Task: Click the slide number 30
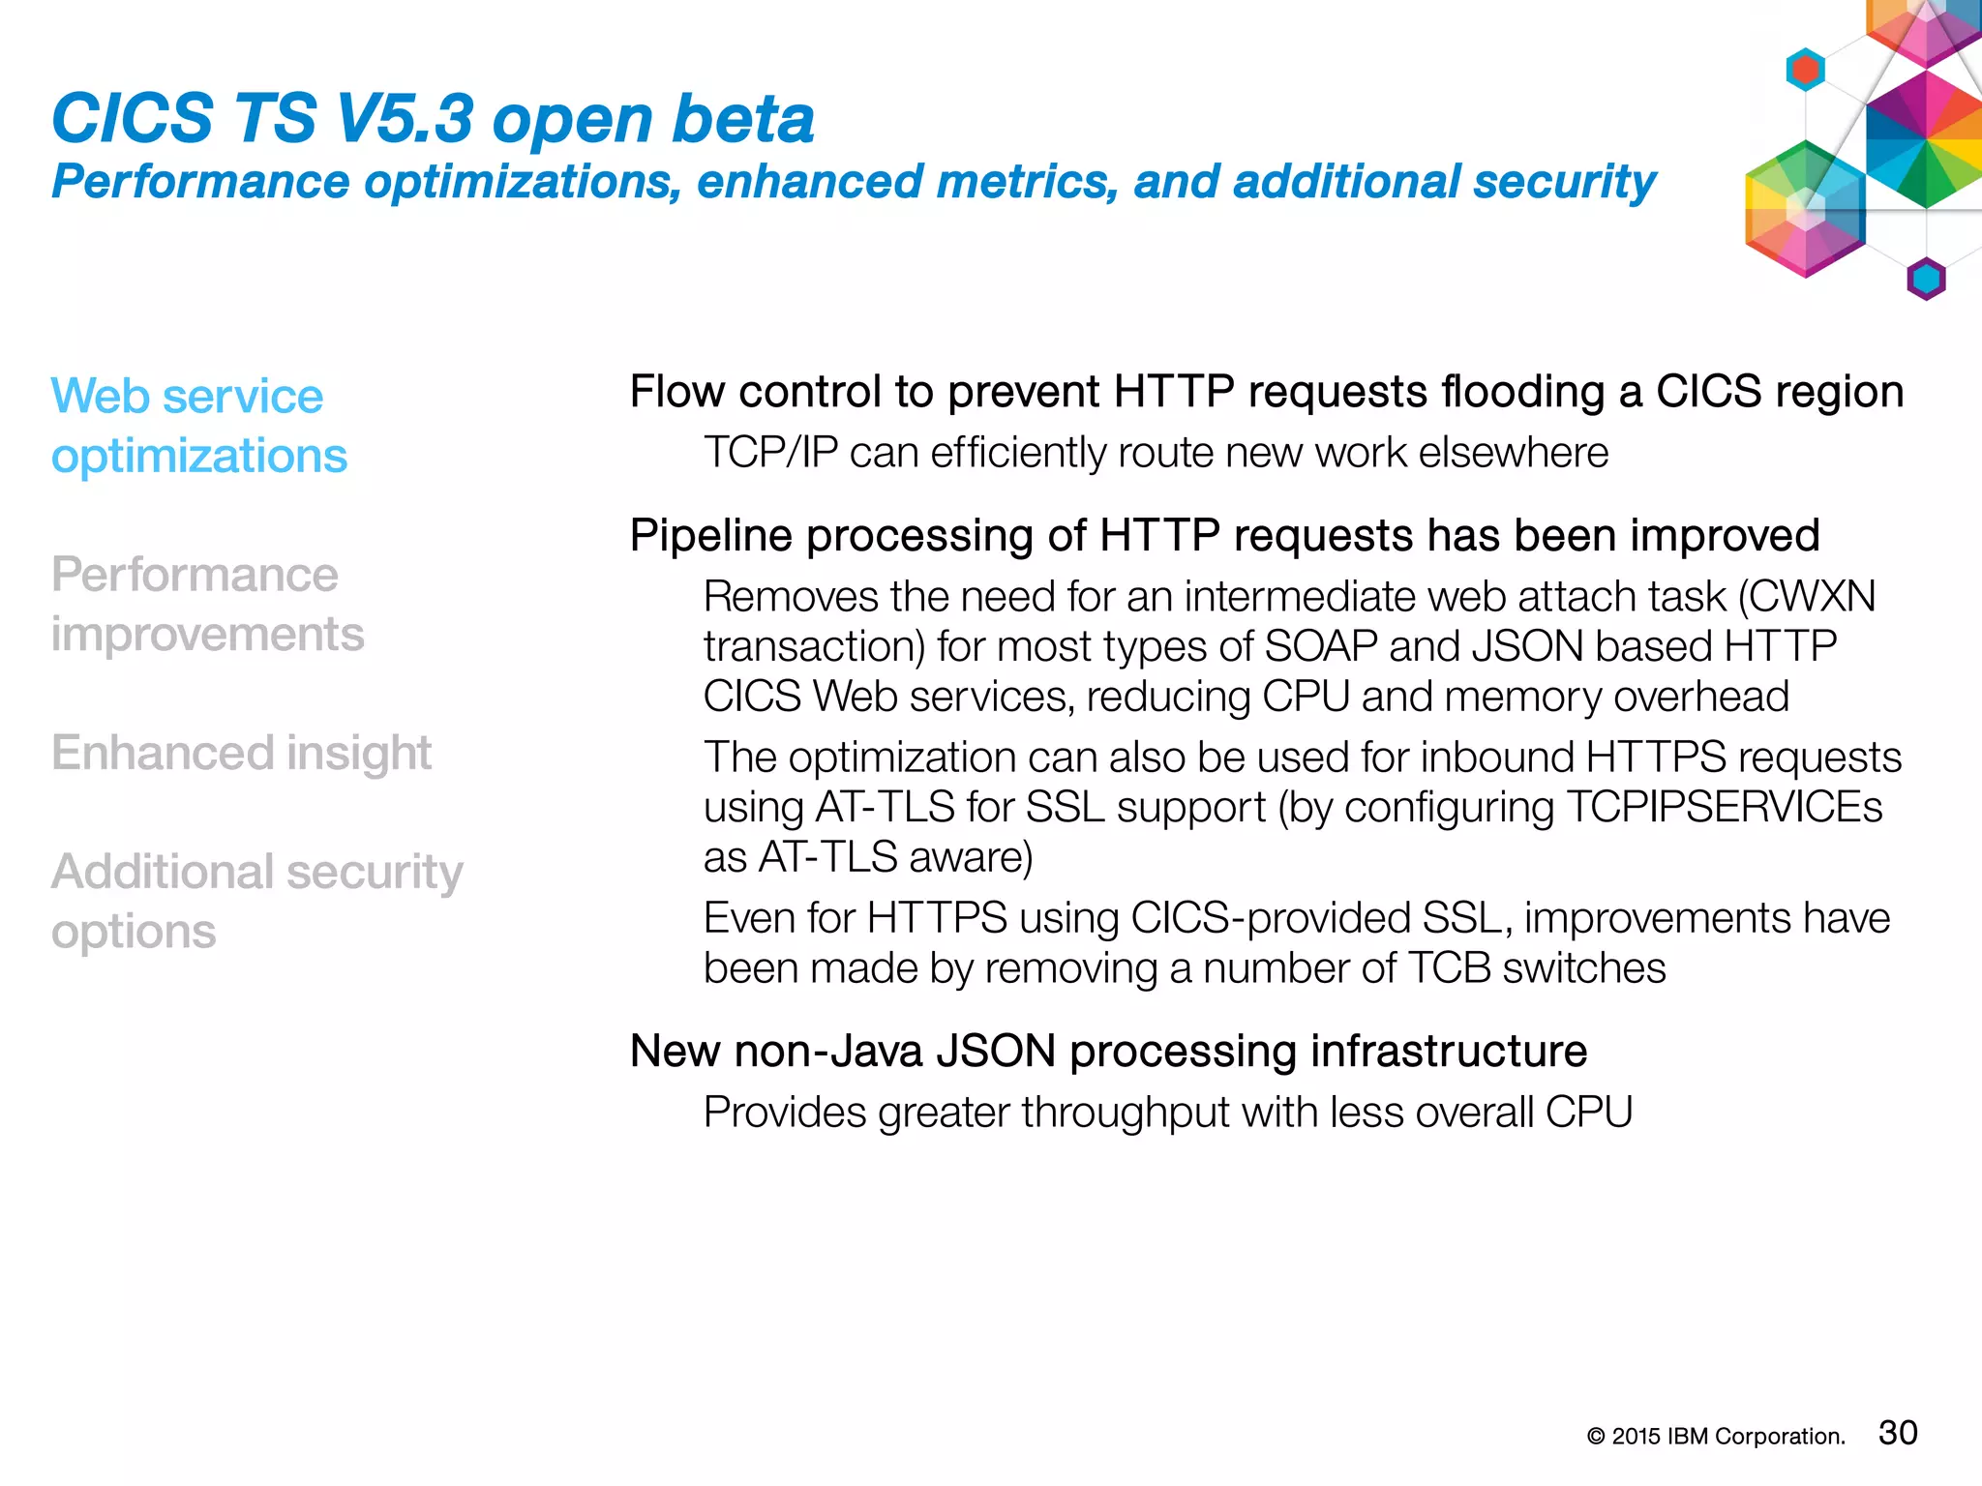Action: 1897,1432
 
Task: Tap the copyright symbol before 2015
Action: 1596,1438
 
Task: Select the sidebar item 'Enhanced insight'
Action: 241,753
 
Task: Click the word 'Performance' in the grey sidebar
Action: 195,575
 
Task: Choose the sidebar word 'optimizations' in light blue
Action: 198,456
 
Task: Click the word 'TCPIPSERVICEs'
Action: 1724,807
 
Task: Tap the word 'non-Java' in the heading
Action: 828,1051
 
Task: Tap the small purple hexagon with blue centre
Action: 1926,280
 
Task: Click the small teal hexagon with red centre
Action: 1805,70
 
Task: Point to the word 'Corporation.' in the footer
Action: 1780,1438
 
